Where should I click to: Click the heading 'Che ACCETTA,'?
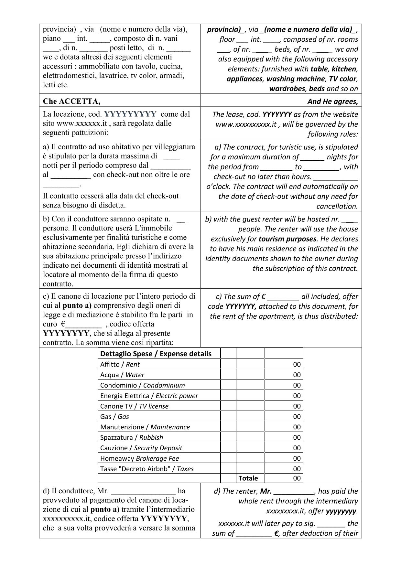coord(71,101)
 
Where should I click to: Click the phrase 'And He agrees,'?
coord(332,102)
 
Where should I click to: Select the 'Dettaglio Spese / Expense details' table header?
coord(156,354)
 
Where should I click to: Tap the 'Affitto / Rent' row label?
coord(120,364)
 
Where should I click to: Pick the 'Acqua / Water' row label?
coord(122,375)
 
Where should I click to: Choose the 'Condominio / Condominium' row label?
coord(142,385)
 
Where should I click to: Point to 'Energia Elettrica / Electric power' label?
coord(149,396)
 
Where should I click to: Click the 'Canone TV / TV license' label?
coord(134,406)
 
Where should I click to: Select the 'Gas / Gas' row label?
coord(114,417)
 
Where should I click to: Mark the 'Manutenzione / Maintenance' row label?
coord(145,427)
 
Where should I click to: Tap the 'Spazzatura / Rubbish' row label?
coord(131,437)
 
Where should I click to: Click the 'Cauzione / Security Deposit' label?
coord(141,448)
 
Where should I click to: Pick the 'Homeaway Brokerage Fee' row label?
coord(139,458)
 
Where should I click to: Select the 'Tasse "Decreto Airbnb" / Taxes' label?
coord(147,469)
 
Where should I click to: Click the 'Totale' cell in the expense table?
coord(248,478)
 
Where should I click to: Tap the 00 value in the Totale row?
coord(297,478)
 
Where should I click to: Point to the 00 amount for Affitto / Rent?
coord(297,364)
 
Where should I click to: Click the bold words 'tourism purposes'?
coord(287,239)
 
